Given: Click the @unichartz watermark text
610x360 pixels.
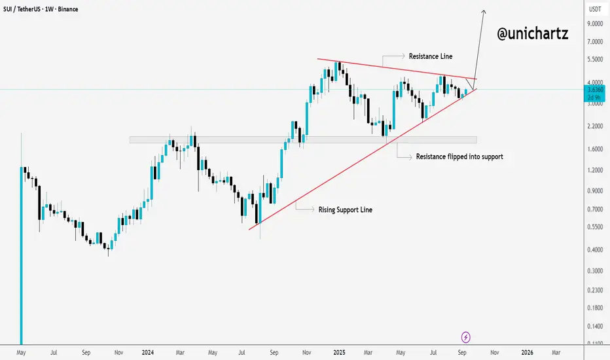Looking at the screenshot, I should [x=532, y=35].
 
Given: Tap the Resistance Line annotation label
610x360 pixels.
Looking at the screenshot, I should [x=430, y=57].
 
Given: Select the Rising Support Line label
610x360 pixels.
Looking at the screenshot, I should [x=346, y=209].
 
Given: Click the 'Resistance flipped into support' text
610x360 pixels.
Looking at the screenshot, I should [x=459, y=157].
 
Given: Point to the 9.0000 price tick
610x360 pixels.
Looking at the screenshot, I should [x=595, y=24].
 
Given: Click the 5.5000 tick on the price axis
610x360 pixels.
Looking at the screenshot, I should [x=595, y=59].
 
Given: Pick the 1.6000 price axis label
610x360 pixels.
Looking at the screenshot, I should [x=595, y=149].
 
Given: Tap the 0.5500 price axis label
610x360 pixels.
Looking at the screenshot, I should [x=595, y=226].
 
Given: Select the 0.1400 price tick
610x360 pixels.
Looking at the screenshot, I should [x=595, y=325].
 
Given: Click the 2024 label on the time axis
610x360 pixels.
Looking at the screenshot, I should [x=147, y=352].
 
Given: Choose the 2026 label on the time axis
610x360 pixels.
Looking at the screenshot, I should [x=527, y=352].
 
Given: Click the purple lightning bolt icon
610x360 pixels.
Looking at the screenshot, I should [x=466, y=337].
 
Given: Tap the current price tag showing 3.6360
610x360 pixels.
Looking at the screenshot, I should [x=595, y=90].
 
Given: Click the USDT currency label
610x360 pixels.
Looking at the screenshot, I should [x=595, y=9].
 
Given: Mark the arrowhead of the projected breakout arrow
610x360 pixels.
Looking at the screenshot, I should [x=484, y=11].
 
